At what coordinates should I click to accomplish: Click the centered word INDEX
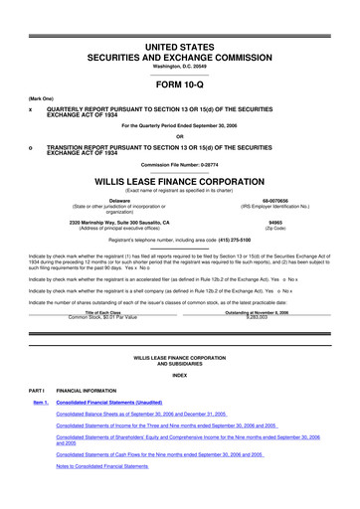180,376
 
